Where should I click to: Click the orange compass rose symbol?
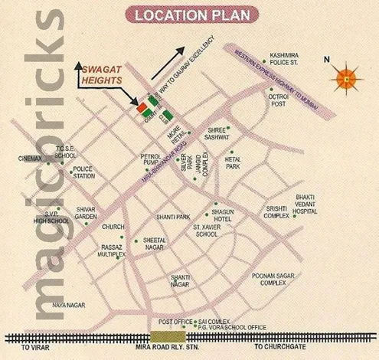click(x=347, y=75)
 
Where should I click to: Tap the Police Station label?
click(x=83, y=172)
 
